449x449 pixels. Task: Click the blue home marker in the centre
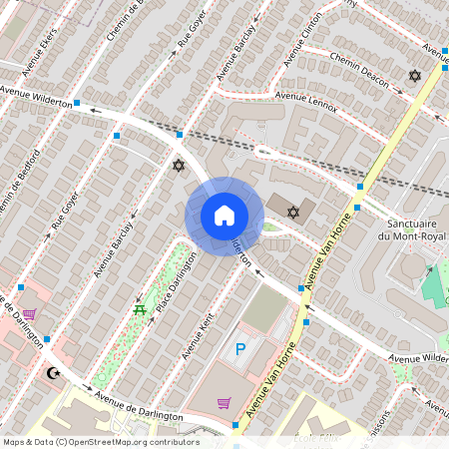click(x=224, y=216)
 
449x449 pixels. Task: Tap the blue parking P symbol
click(x=239, y=349)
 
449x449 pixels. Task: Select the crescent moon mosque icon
click(x=54, y=373)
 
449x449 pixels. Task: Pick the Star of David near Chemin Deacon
click(x=415, y=76)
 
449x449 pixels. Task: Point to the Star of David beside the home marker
click(x=293, y=212)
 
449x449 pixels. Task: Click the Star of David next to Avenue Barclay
click(x=179, y=165)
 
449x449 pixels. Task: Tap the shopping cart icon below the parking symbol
click(x=224, y=403)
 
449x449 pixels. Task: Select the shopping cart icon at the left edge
click(x=30, y=313)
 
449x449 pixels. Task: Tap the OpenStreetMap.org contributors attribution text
click(x=130, y=442)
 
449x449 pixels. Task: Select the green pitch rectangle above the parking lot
click(x=263, y=310)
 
